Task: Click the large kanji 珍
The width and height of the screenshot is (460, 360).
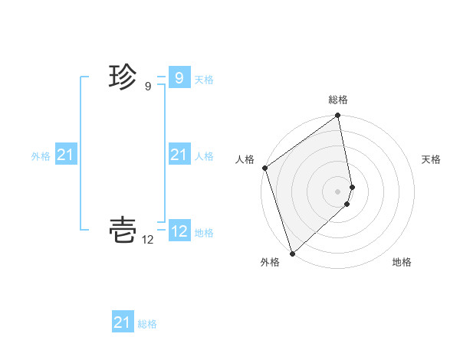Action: (x=123, y=77)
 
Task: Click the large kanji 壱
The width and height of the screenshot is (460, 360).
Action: (x=123, y=229)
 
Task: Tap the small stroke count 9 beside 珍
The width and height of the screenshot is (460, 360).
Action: (x=148, y=87)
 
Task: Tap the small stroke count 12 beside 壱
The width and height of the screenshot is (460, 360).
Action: (x=148, y=240)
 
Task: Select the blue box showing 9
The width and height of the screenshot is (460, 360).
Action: (x=179, y=78)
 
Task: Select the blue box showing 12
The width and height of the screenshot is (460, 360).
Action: (x=179, y=231)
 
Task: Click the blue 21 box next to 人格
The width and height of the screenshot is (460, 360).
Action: (x=179, y=155)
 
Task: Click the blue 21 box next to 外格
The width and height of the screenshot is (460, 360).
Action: (x=66, y=155)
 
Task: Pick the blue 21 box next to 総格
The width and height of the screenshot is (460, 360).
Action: (x=123, y=322)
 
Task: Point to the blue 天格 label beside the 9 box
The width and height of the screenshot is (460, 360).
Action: (x=204, y=80)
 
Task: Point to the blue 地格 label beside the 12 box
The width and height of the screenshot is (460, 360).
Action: (x=204, y=233)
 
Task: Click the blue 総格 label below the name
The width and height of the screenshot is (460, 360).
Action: (x=147, y=324)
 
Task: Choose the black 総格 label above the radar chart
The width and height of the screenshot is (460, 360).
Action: (x=338, y=100)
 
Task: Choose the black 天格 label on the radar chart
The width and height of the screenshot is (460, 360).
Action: (x=431, y=159)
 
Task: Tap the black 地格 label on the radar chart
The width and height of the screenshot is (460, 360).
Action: (x=402, y=262)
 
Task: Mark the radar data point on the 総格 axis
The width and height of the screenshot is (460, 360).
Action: (x=338, y=116)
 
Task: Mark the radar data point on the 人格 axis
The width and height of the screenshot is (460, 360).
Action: (x=264, y=168)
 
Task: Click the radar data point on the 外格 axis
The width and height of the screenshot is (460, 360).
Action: (x=292, y=253)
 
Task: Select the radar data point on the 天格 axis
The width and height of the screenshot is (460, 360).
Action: (x=353, y=186)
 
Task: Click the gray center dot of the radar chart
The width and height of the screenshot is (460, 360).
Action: (x=338, y=191)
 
